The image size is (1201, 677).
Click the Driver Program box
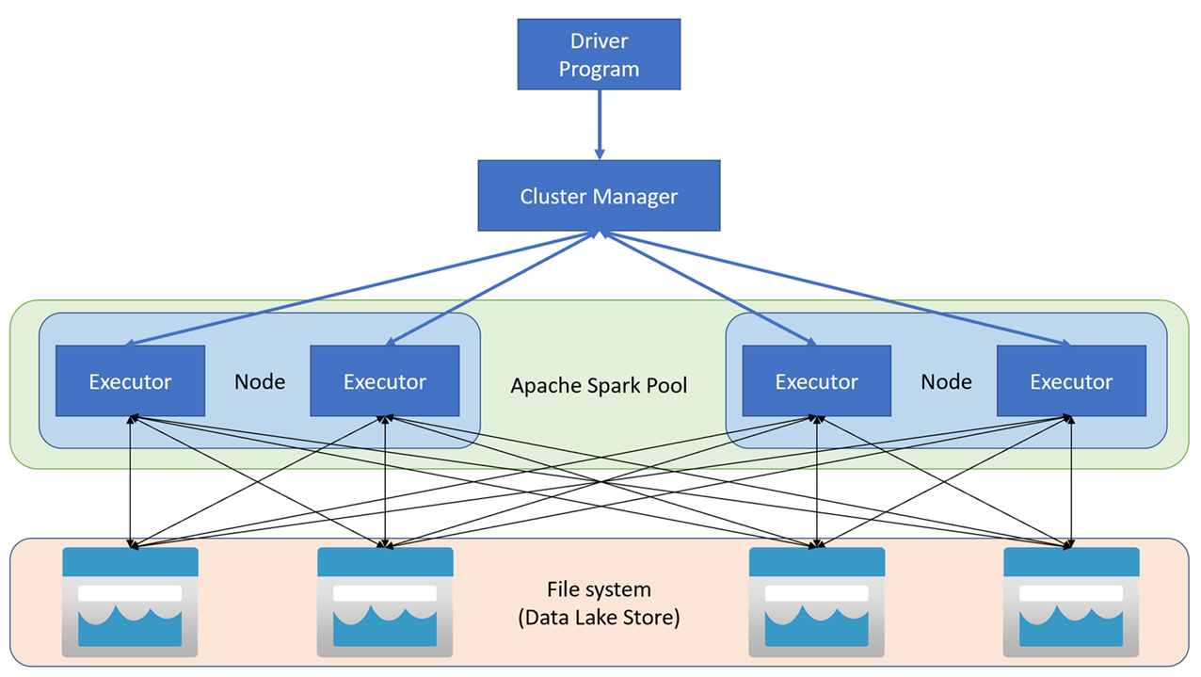tap(599, 56)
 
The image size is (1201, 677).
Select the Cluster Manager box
tap(599, 196)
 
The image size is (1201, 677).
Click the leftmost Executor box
tap(130, 381)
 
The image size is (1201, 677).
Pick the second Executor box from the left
tap(384, 381)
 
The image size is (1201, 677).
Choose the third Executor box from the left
tap(816, 381)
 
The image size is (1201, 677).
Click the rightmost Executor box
tap(1070, 381)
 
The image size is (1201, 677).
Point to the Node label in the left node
tap(259, 382)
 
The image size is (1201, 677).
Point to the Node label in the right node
tap(945, 382)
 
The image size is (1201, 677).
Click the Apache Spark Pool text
tap(599, 386)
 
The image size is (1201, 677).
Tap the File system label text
tap(599, 590)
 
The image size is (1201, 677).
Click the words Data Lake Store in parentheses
tap(599, 619)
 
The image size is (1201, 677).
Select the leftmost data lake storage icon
tap(130, 602)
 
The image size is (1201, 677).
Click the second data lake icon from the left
tap(385, 602)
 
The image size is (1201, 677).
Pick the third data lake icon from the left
tap(816, 602)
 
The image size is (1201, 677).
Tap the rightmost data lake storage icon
tap(1071, 602)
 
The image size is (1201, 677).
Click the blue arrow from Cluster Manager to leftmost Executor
tap(358, 290)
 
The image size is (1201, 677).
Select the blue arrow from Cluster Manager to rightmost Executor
tap(838, 289)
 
